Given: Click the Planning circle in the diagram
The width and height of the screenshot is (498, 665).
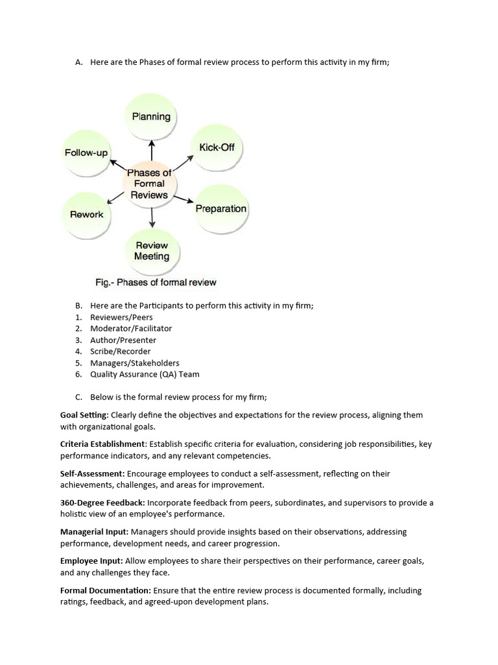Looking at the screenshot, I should pyautogui.click(x=151, y=117).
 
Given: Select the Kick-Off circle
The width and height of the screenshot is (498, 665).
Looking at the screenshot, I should pyautogui.click(x=217, y=147).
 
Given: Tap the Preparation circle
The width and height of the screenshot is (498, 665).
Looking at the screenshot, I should pyautogui.click(x=221, y=208).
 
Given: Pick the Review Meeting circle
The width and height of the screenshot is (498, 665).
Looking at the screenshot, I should pyautogui.click(x=152, y=251).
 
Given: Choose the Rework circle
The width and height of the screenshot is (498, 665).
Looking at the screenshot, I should pyautogui.click(x=87, y=214).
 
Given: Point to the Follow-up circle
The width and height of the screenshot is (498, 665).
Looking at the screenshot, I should pyautogui.click(x=86, y=153).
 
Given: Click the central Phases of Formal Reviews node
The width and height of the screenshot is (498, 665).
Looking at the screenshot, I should pyautogui.click(x=149, y=184).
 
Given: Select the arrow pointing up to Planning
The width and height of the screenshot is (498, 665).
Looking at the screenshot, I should pyautogui.click(x=152, y=151).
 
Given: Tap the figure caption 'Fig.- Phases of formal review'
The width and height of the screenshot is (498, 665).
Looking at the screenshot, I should pyautogui.click(x=156, y=282).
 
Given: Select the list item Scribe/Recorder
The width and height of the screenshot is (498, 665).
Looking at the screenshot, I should pyautogui.click(x=120, y=351).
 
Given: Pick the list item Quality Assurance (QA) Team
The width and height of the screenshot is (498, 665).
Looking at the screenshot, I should pyautogui.click(x=145, y=374).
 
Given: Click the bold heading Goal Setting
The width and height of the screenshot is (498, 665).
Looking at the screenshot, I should pyautogui.click(x=84, y=415).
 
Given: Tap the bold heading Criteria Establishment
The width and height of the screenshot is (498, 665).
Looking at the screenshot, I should pyautogui.click(x=102, y=444).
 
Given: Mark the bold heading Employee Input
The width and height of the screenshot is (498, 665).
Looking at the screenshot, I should pyautogui.click(x=88, y=561).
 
